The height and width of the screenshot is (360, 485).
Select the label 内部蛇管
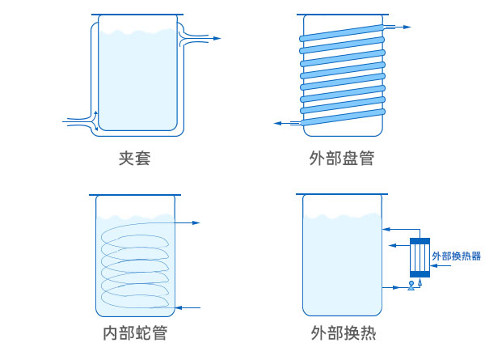click(x=134, y=333)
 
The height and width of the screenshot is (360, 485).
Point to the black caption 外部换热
click(x=342, y=333)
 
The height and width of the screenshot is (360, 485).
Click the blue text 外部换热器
click(x=457, y=256)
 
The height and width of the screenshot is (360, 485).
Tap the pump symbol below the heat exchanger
click(x=411, y=284)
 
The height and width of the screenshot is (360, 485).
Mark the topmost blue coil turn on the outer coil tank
click(x=341, y=36)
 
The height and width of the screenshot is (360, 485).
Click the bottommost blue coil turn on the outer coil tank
click(x=341, y=120)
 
